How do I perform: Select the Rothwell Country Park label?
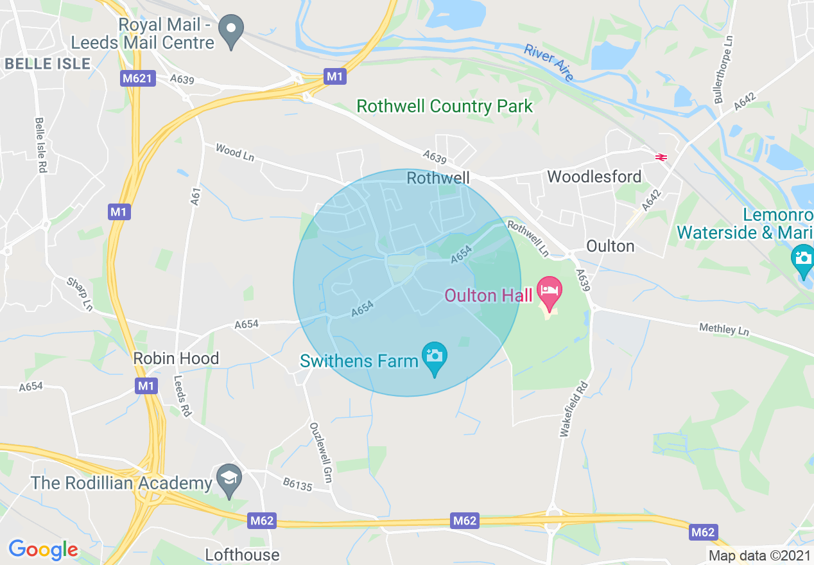(x=444, y=106)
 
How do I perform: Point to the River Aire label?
(x=549, y=62)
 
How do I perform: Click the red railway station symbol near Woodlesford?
(x=661, y=157)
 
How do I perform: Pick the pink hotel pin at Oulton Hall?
(x=550, y=291)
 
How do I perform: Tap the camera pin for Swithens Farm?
(x=435, y=357)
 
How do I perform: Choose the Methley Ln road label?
(x=724, y=329)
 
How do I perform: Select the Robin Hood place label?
(x=176, y=358)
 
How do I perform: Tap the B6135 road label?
(x=297, y=484)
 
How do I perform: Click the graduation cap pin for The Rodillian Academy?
(x=229, y=480)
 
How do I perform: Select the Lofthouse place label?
(x=242, y=555)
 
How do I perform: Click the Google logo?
(x=43, y=550)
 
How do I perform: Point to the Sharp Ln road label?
(x=80, y=294)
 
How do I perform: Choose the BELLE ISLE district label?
(x=48, y=64)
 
